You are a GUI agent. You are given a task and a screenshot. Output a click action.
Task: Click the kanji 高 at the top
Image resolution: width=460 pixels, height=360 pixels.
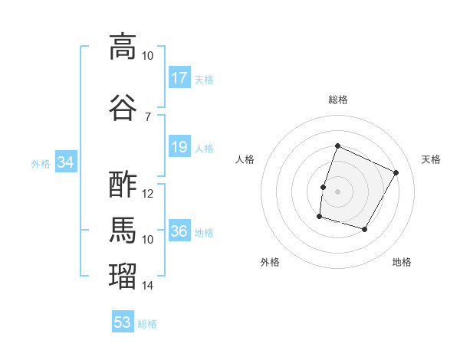point(123,47)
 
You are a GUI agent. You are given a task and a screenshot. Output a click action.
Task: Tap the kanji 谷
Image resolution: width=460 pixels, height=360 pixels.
point(123,107)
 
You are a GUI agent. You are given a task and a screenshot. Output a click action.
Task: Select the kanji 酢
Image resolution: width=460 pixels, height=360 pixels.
point(123,185)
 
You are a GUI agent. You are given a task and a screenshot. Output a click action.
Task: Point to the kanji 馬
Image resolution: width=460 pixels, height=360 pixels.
point(123,230)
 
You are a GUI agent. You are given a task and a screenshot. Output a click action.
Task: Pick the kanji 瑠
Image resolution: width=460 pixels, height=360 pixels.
point(123,276)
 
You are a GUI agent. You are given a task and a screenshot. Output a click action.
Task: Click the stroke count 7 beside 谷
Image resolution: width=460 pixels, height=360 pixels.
point(148,117)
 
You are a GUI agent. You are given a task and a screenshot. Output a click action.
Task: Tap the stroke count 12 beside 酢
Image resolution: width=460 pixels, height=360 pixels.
point(147,194)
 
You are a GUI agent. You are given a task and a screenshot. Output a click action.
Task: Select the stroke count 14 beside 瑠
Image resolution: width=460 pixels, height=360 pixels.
point(147,285)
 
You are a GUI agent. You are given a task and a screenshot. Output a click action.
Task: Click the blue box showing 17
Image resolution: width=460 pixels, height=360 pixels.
point(180,77)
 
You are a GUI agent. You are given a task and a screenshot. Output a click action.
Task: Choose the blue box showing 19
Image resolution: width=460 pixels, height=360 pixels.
point(180,146)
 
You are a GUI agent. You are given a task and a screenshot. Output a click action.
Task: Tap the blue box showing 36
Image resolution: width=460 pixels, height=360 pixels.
point(180,230)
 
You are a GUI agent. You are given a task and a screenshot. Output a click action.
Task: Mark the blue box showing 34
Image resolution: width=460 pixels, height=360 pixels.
point(66,162)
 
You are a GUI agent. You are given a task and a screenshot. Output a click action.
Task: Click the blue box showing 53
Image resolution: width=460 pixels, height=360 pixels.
point(123,321)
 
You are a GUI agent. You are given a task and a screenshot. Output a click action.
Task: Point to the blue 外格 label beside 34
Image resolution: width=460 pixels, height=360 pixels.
point(41,164)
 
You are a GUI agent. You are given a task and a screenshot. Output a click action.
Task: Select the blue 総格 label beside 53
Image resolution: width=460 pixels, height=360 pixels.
point(147,324)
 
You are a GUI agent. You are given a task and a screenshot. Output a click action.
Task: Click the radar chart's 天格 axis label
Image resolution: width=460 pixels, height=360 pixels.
point(431,159)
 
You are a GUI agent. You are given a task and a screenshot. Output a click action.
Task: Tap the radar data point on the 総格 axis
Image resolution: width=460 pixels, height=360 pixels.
point(337,146)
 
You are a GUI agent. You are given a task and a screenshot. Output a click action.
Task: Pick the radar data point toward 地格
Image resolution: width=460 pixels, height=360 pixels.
point(364,229)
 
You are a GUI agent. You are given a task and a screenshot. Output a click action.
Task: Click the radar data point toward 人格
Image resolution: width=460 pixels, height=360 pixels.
point(323,188)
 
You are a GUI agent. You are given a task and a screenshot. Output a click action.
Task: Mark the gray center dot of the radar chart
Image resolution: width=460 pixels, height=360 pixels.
point(337,191)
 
